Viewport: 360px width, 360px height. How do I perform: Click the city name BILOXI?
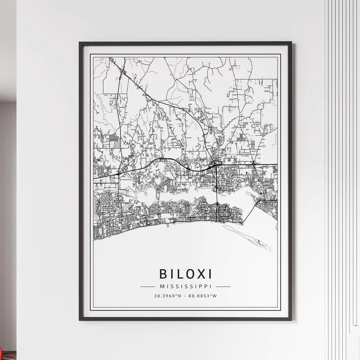(185, 274)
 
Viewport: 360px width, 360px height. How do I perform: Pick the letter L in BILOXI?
(178, 274)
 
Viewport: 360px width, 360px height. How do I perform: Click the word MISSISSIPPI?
(185, 286)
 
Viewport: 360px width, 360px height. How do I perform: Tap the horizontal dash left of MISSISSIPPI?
(148, 286)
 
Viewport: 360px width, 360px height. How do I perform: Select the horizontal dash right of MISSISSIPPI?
(223, 286)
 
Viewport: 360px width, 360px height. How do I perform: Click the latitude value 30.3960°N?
(167, 296)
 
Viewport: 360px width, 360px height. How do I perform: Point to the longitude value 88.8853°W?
(203, 296)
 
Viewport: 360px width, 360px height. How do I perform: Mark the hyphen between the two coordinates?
(185, 296)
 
